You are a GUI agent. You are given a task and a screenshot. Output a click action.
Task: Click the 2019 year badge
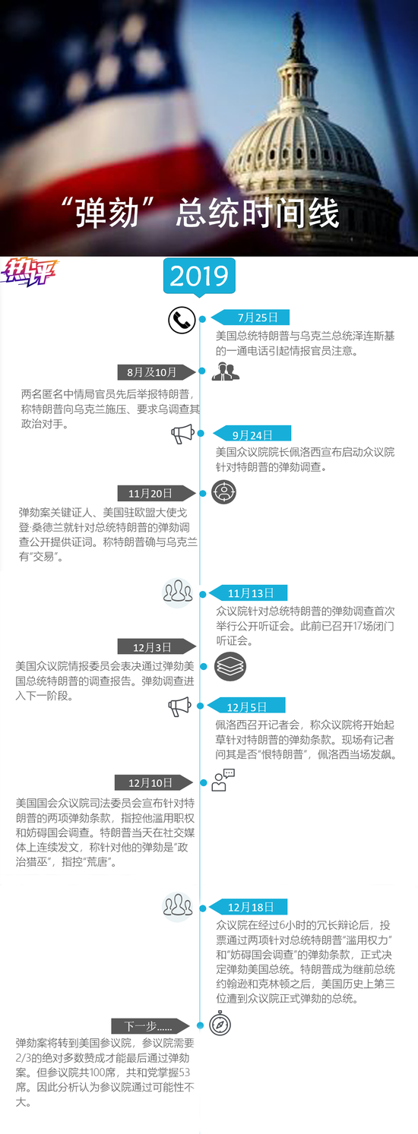(199, 276)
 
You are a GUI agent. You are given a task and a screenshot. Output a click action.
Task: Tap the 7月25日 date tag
(250, 317)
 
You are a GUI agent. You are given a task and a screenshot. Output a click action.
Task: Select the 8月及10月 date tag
(157, 372)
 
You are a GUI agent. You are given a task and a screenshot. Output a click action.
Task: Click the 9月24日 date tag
(252, 434)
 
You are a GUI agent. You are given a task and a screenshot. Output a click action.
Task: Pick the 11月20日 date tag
(156, 493)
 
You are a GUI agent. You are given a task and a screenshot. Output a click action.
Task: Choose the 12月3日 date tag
(157, 646)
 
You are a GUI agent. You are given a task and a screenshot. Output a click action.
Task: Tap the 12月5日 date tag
(246, 706)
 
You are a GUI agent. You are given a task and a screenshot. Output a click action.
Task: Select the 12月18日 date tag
(249, 907)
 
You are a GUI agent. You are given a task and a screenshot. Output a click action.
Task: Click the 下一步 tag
(150, 1026)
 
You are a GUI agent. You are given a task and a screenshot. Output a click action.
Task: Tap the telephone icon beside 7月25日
(182, 320)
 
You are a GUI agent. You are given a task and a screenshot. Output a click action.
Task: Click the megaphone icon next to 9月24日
(182, 434)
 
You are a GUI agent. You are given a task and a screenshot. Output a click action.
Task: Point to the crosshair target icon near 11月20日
(223, 492)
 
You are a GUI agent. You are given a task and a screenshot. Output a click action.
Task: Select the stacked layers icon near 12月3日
(230, 665)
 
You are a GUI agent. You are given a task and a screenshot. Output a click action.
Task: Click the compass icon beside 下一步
(220, 1025)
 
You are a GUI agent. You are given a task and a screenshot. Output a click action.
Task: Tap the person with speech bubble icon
(223, 780)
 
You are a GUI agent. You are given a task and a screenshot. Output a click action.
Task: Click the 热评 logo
(29, 273)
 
